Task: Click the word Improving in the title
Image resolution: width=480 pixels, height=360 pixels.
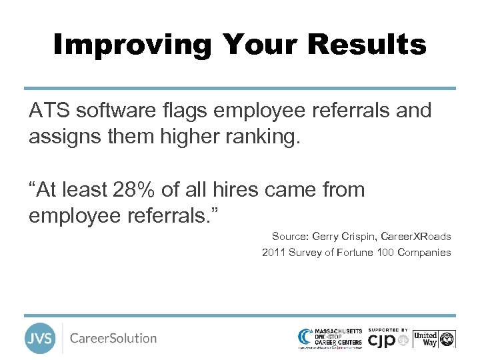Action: click(132, 45)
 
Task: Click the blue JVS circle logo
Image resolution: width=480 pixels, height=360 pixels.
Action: click(40, 338)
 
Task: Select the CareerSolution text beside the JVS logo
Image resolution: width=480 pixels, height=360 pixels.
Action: click(113, 338)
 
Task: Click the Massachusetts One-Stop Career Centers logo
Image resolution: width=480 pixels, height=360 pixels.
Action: click(331, 337)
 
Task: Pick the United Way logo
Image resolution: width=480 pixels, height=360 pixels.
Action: click(434, 339)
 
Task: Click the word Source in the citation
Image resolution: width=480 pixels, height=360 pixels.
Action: click(287, 237)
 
